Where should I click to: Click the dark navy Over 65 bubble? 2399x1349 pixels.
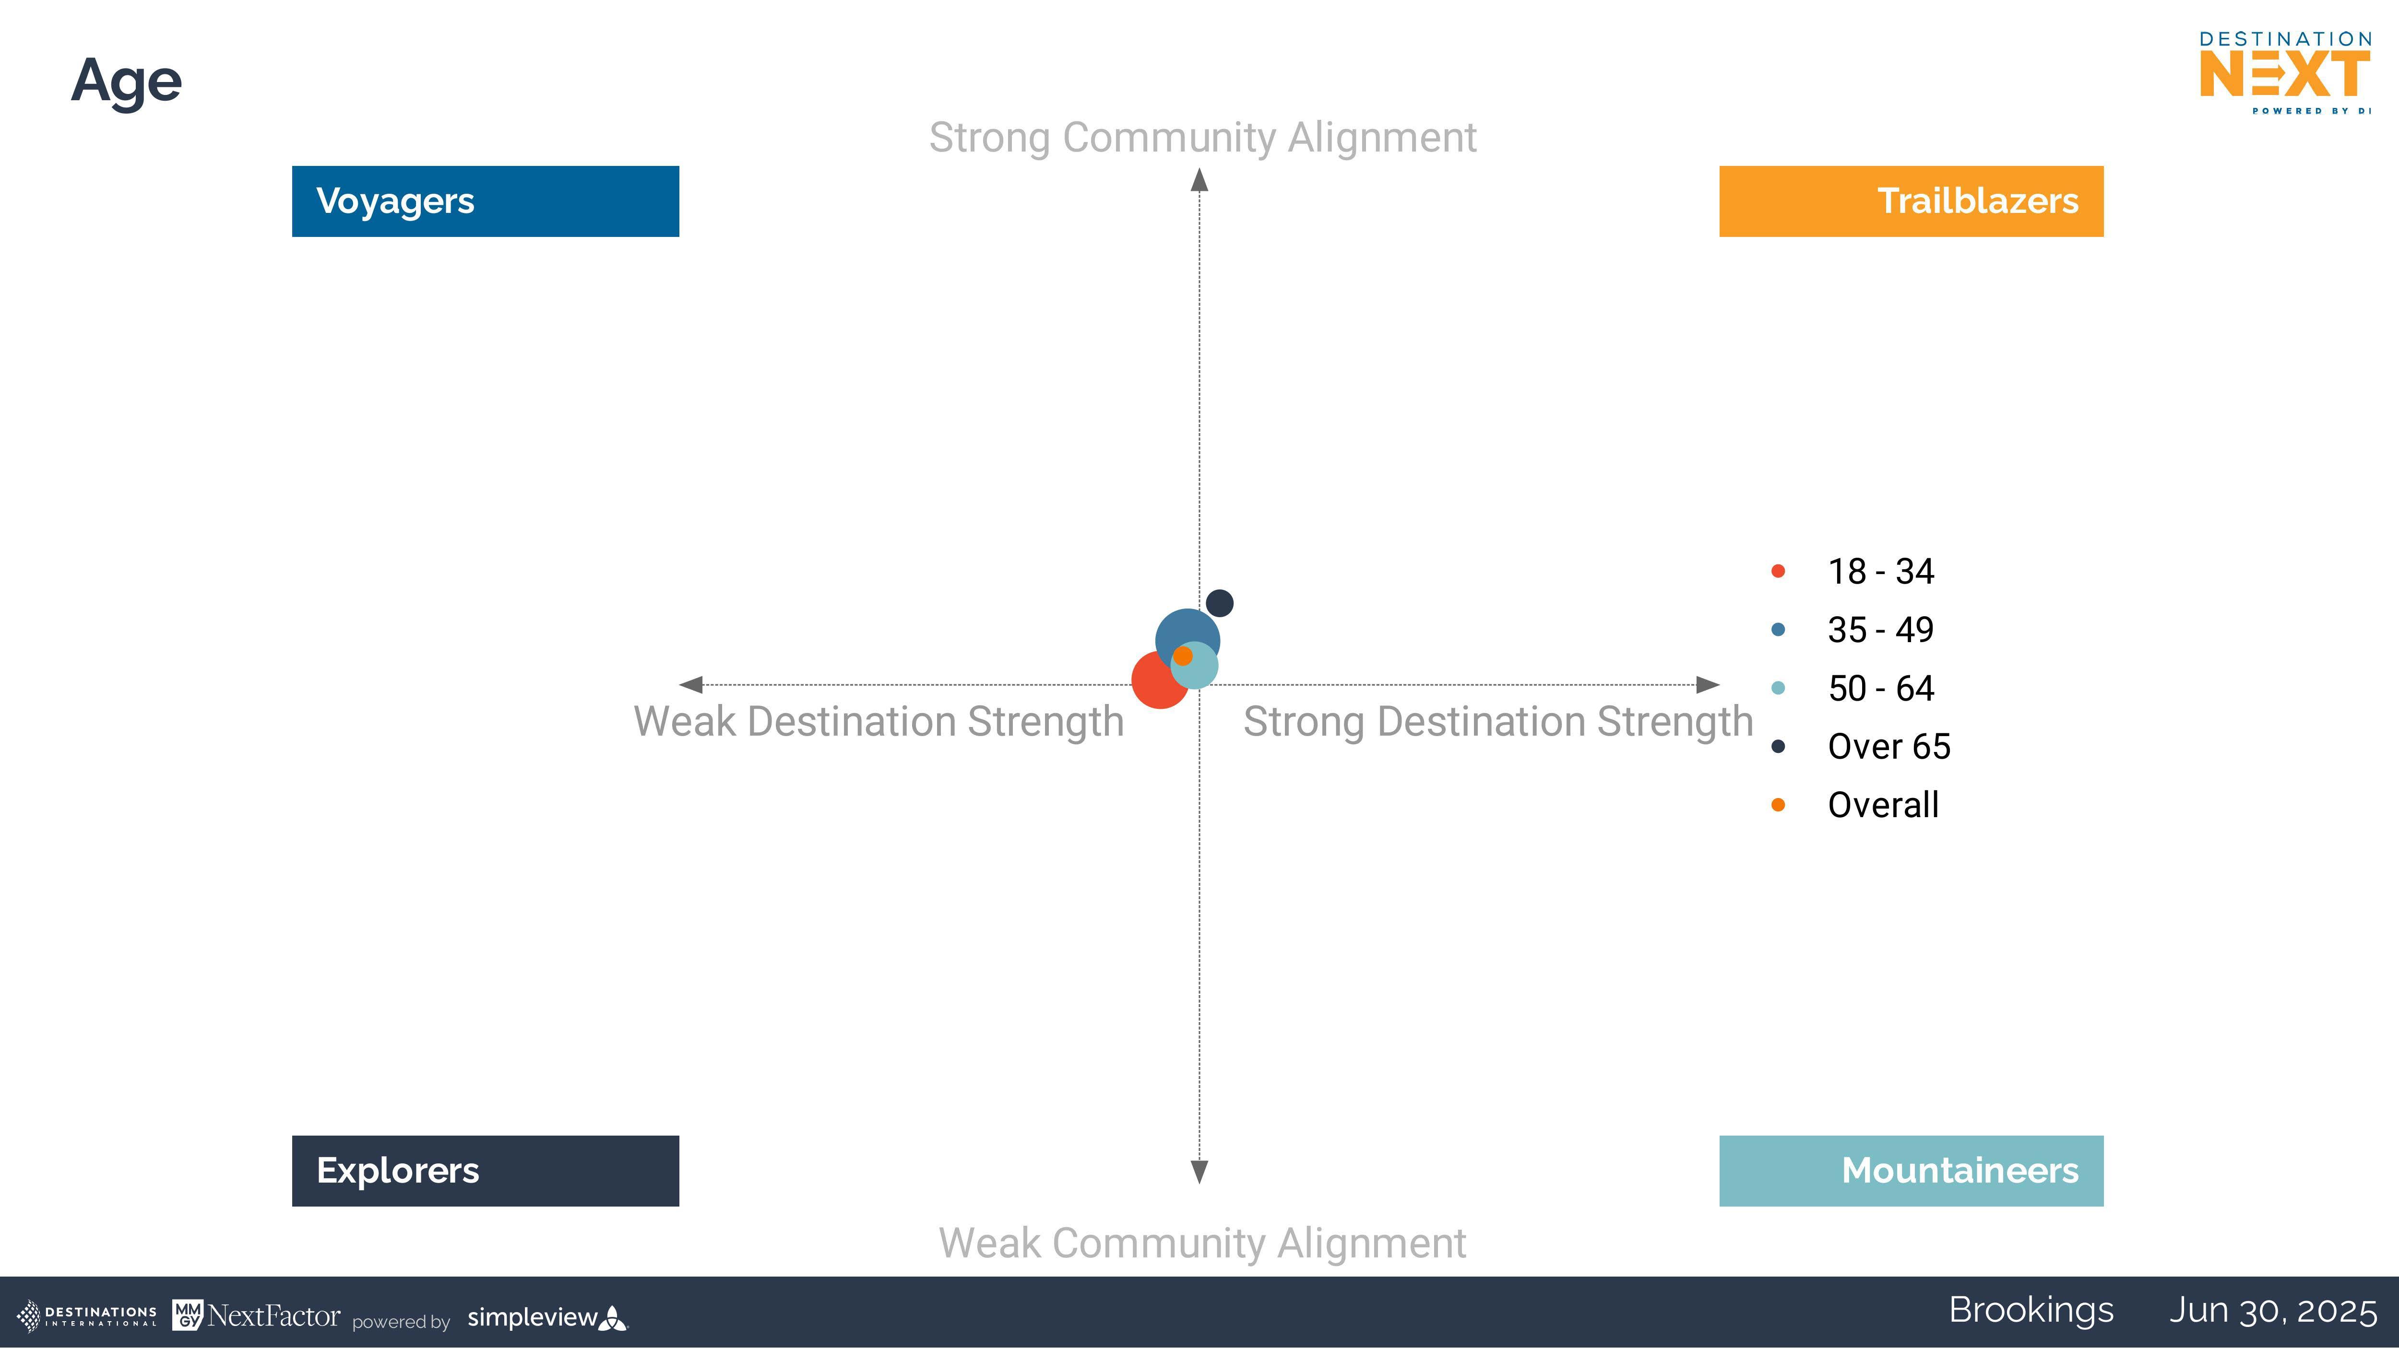point(1219,603)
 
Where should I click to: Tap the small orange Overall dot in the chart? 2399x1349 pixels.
point(1183,657)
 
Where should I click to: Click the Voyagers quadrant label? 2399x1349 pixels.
point(485,201)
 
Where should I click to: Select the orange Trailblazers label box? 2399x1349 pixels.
point(1911,201)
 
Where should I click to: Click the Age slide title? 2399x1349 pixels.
point(127,82)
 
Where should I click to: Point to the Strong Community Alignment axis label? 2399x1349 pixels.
point(1202,138)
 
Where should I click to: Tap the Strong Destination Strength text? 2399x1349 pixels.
point(1497,722)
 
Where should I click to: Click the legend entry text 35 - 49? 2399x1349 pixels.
point(1880,629)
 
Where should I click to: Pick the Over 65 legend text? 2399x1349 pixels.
point(1888,746)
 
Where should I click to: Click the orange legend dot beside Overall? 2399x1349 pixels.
point(1778,804)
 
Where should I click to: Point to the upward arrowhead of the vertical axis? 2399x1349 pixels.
point(1199,180)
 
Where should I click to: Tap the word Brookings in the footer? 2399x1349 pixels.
point(2031,1311)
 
